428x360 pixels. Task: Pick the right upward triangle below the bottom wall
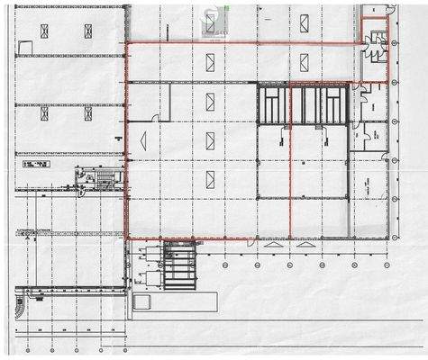(x=305, y=245)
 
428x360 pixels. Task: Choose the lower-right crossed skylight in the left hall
(x=88, y=114)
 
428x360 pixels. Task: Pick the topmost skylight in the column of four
(x=210, y=62)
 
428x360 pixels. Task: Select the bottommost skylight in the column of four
(x=210, y=178)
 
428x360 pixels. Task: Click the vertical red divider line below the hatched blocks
(x=290, y=180)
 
